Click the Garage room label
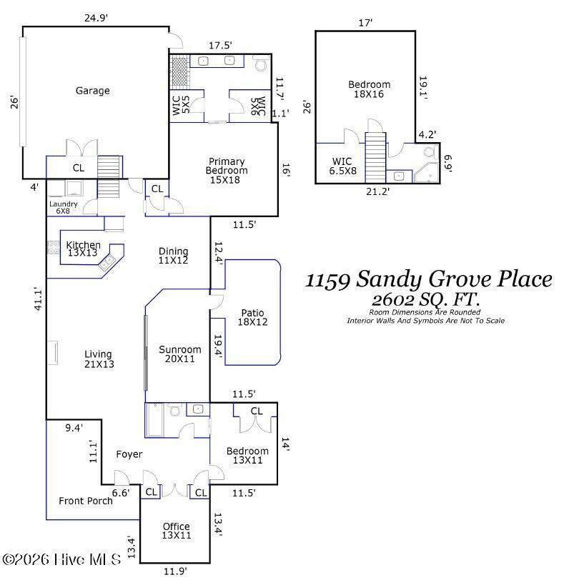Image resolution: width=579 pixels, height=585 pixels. tap(93, 91)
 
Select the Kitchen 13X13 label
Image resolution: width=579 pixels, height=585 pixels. tap(83, 249)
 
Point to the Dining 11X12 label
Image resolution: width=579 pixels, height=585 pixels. tap(173, 256)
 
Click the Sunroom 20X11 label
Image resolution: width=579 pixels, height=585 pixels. tap(179, 354)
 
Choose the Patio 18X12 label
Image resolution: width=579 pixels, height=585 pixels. tap(252, 318)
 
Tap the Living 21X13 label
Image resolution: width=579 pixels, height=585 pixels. tap(99, 359)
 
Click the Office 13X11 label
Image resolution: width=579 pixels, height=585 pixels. tap(176, 531)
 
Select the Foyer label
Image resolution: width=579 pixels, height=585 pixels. tap(129, 454)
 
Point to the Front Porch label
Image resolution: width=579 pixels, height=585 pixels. tap(86, 501)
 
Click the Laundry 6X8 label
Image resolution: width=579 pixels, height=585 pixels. tap(64, 207)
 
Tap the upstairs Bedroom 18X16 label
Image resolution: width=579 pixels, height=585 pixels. tap(369, 89)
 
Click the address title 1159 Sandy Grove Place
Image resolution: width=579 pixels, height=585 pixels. tap(429, 279)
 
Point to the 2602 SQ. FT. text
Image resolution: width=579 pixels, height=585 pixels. tap(425, 299)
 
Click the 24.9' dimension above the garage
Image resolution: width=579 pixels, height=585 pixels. tap(95, 18)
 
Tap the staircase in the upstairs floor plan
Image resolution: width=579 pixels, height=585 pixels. tap(375, 158)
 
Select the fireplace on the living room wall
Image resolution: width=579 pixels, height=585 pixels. tap(52, 353)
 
